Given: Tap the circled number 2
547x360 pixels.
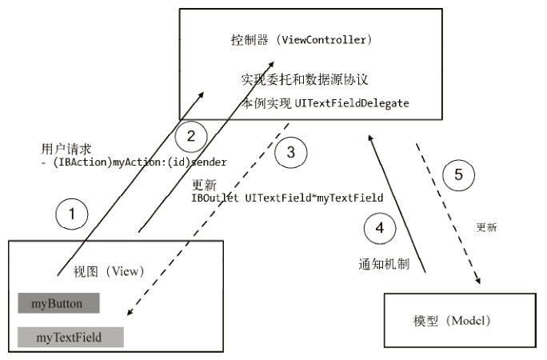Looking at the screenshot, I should (190, 135).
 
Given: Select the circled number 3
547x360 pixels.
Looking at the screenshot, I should (290, 153).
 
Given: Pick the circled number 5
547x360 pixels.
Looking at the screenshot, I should (458, 174).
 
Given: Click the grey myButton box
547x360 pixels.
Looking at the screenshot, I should (58, 303).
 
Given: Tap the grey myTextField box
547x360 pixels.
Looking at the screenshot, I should (71, 337).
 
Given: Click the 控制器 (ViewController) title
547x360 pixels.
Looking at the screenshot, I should (300, 39).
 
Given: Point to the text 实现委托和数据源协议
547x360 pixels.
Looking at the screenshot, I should (304, 80).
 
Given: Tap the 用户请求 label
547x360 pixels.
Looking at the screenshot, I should (66, 149).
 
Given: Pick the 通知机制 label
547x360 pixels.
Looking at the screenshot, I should (383, 264).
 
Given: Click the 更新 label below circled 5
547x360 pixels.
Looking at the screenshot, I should (486, 227).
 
